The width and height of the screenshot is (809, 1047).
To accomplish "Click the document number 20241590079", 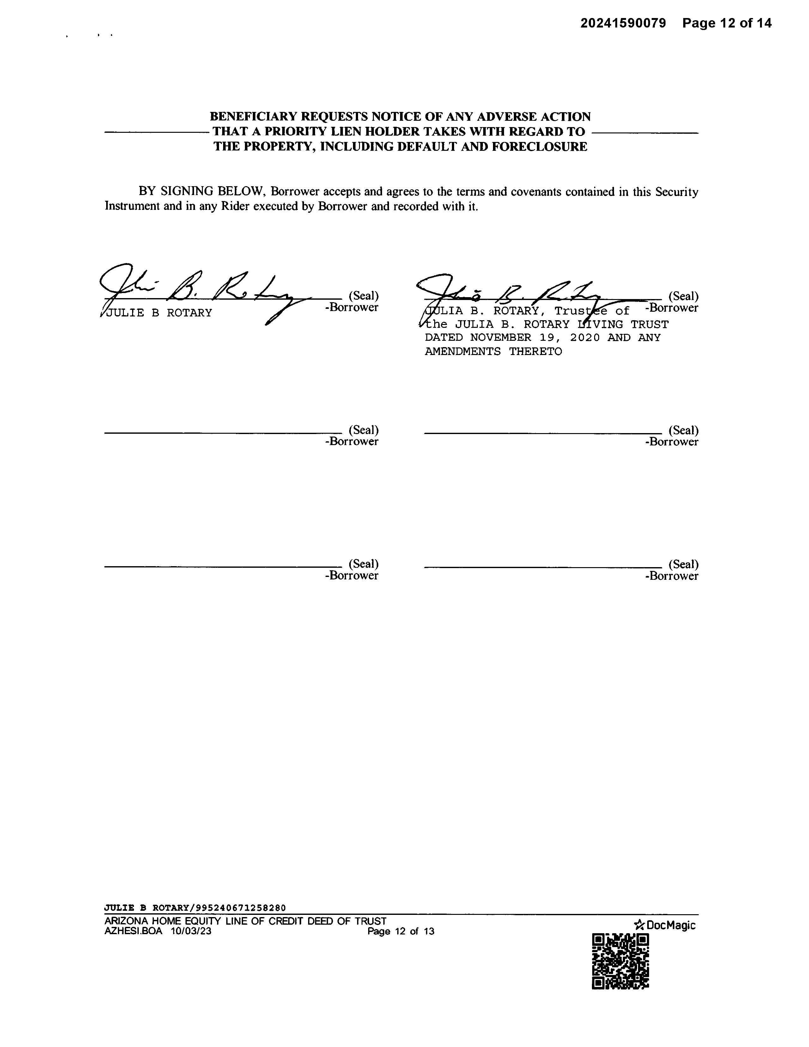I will click(623, 23).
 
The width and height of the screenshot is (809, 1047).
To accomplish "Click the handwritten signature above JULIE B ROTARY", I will click(201, 290).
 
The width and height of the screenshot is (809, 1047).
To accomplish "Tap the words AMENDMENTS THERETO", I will click(493, 352).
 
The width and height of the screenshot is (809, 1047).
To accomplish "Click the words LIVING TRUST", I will click(623, 325).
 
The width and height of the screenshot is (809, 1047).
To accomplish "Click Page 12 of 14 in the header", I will click(727, 23).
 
